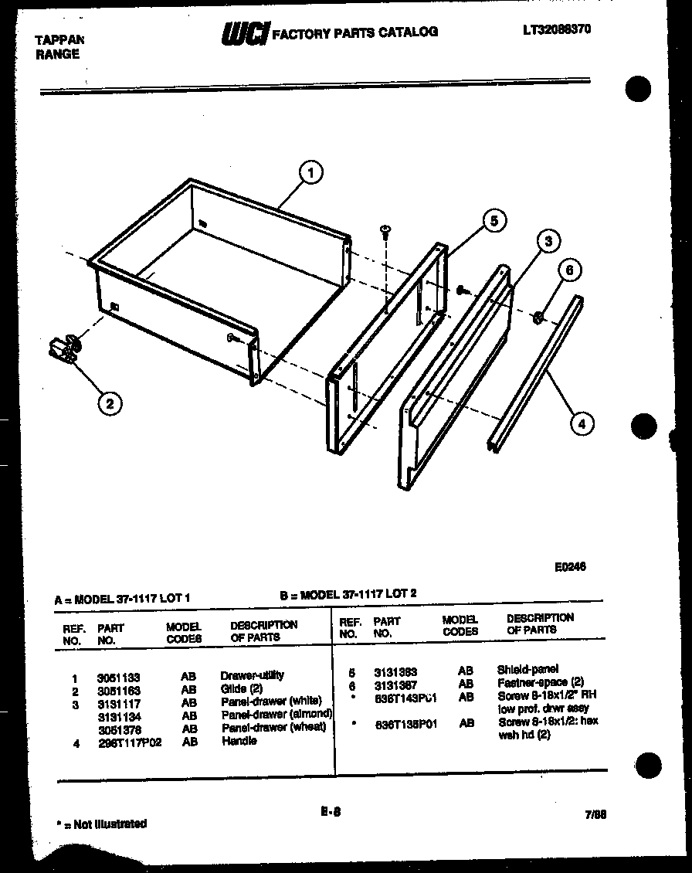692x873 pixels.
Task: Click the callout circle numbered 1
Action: (310, 174)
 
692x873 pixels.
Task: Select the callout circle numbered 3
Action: (548, 242)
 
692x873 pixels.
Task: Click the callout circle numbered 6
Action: (569, 270)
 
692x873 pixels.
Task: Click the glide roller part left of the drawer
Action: (63, 350)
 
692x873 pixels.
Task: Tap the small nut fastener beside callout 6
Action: (539, 315)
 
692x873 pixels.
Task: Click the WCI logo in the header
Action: (244, 33)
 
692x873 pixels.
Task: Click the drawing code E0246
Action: (570, 566)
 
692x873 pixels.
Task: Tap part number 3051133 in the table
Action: (118, 678)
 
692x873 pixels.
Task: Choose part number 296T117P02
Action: (129, 742)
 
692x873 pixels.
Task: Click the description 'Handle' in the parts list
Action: (239, 741)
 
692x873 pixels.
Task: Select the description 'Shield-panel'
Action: (527, 669)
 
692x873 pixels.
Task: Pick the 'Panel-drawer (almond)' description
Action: (276, 715)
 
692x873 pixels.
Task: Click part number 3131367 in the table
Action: (396, 683)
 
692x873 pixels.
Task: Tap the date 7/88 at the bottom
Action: (595, 814)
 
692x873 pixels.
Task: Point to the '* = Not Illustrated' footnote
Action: (102, 824)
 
